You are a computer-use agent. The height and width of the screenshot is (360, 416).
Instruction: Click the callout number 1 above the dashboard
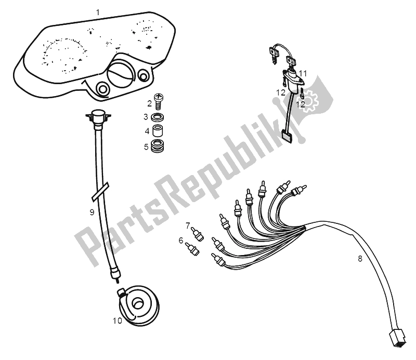[x=98, y=12]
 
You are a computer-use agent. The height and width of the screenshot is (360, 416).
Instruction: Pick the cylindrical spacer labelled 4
[x=158, y=130]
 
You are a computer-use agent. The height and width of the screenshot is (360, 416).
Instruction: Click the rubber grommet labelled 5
[x=158, y=146]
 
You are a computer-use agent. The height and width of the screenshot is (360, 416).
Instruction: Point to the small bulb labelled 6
[x=192, y=249]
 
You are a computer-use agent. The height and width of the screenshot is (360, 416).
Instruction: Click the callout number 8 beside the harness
[x=360, y=259]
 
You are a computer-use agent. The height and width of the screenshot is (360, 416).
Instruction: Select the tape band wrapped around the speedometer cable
[x=100, y=191]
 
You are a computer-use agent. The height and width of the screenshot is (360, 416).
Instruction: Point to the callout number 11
[x=303, y=73]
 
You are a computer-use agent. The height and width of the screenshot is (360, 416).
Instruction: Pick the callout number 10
[x=118, y=321]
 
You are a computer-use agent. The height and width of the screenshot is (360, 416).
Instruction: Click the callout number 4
[x=147, y=131]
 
